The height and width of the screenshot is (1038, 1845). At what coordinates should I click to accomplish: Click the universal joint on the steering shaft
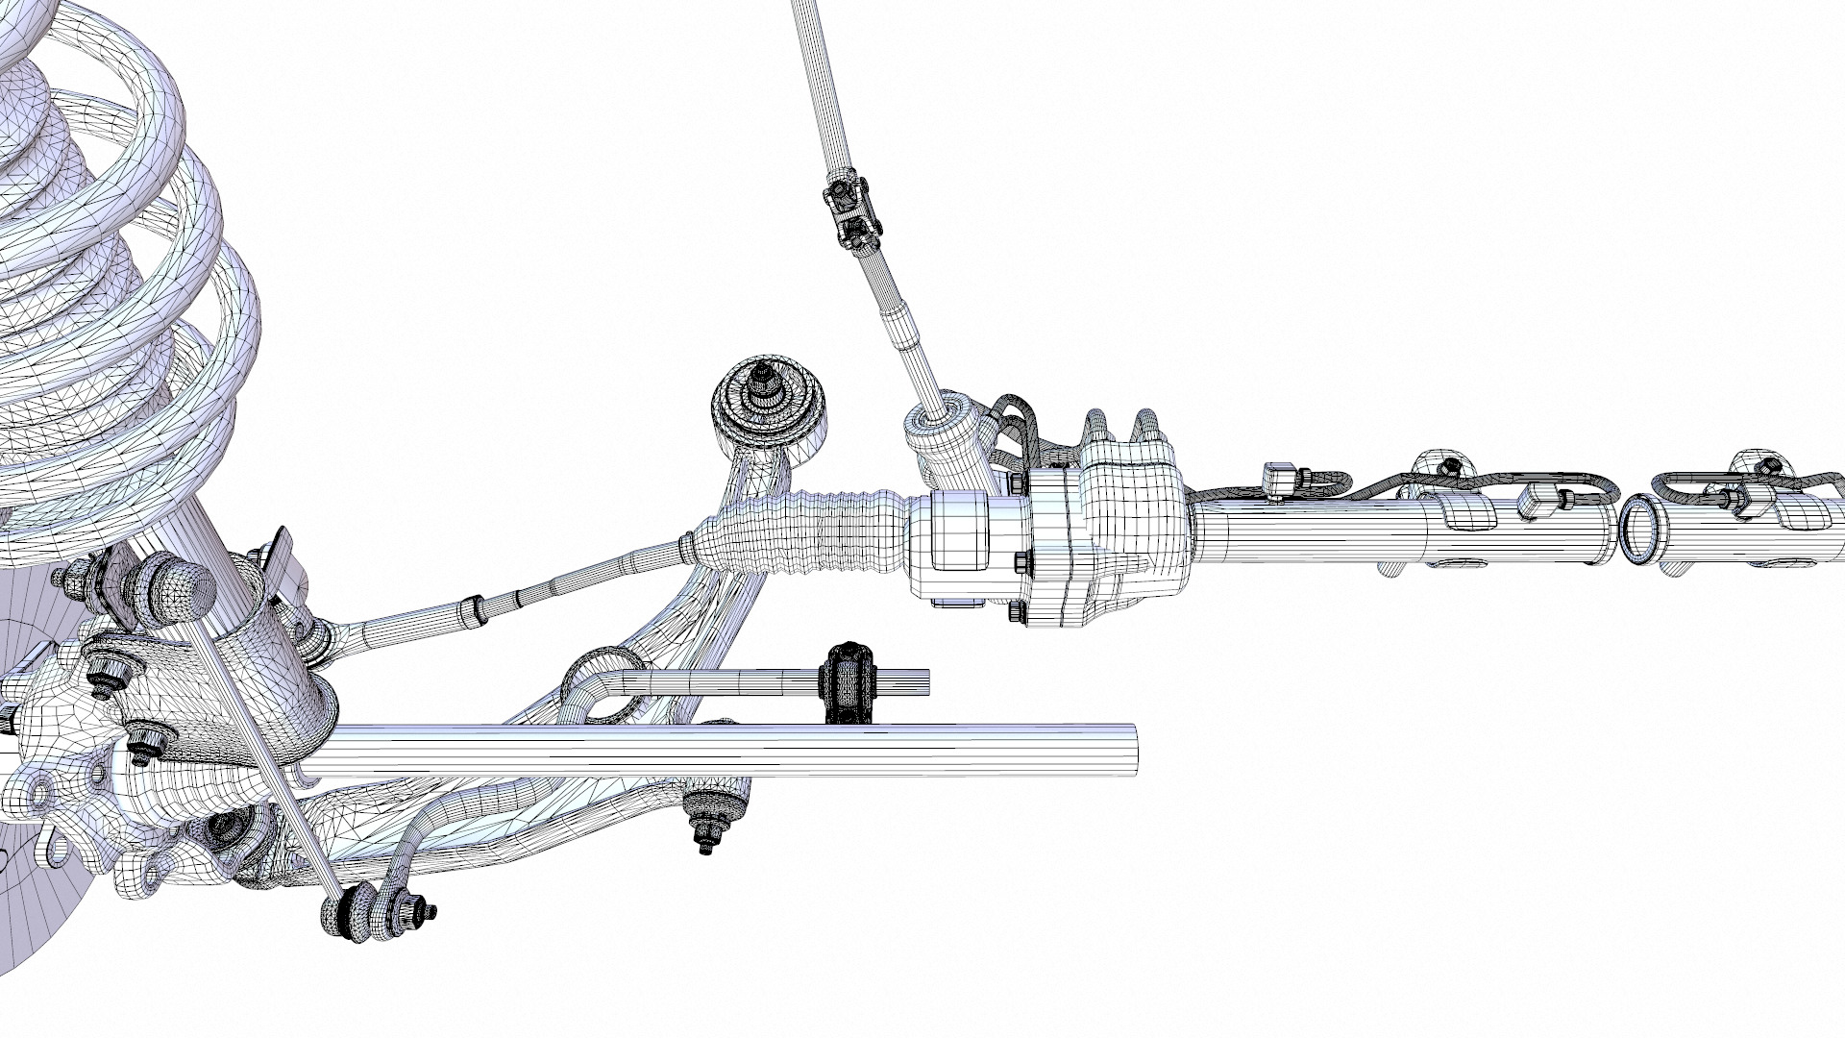(x=849, y=214)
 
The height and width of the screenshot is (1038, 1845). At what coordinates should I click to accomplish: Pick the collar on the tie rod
(x=472, y=610)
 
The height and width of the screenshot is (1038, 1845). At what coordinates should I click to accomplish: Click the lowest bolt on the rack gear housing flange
(x=1016, y=612)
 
